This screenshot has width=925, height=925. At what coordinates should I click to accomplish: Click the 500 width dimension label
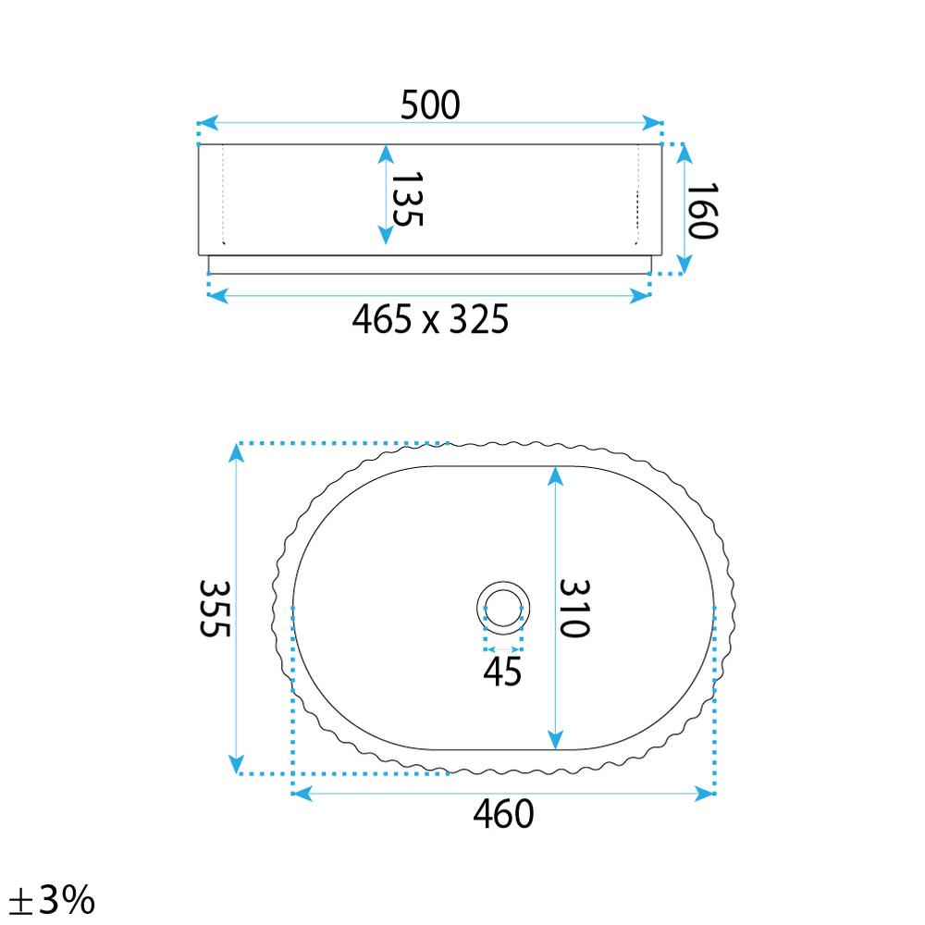pos(430,105)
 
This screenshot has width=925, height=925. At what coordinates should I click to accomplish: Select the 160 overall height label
pos(702,211)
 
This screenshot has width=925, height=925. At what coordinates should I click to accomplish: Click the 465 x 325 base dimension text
pos(430,320)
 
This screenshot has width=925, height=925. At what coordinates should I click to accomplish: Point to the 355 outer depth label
pos(215,609)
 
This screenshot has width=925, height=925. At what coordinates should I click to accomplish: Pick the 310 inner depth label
pos(574,609)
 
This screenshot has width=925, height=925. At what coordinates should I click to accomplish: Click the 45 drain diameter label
pos(502,672)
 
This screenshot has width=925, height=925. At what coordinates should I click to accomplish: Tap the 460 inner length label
pos(503,814)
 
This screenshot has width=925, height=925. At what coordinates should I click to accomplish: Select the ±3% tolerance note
pos(52,900)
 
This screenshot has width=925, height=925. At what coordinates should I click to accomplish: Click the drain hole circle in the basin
pos(503,582)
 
